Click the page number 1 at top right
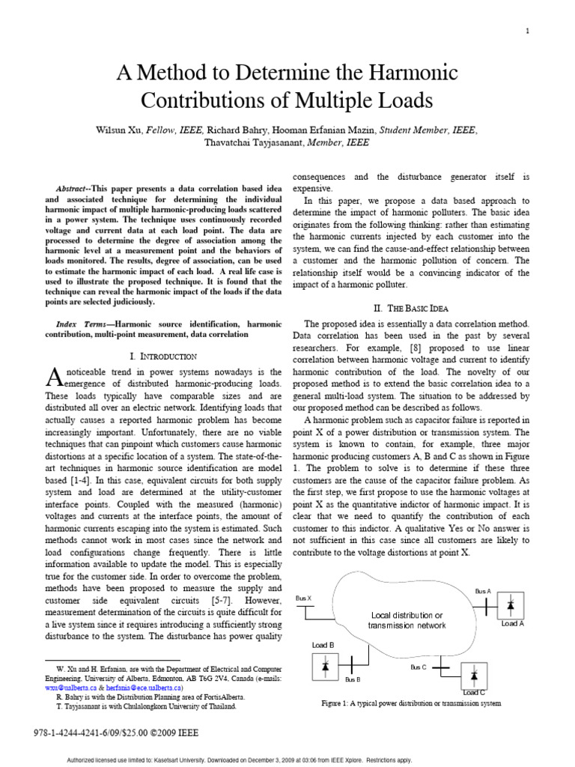528,31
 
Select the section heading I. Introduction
163,356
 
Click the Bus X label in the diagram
303,598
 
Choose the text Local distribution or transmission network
408,620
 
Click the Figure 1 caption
411,703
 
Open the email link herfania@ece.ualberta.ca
143,686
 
